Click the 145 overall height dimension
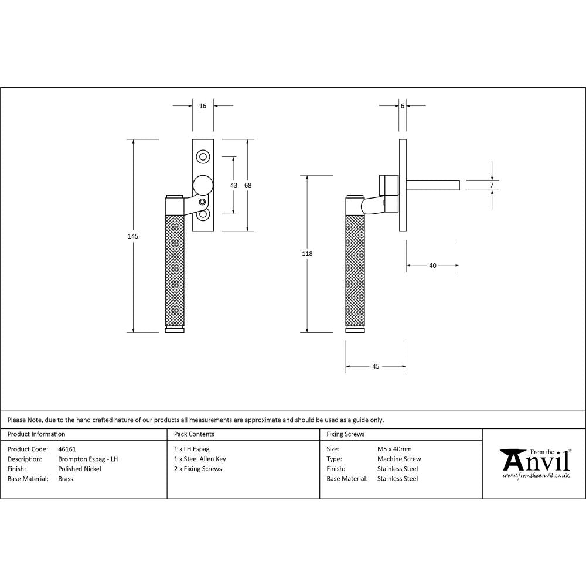pyautogui.click(x=133, y=236)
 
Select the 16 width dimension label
pyautogui.click(x=203, y=106)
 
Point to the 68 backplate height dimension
pyautogui.click(x=248, y=185)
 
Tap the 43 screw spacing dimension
pyautogui.click(x=234, y=185)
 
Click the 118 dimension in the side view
pyautogui.click(x=307, y=254)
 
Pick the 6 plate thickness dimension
pyautogui.click(x=403, y=106)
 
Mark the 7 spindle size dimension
pyautogui.click(x=492, y=185)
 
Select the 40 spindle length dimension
pyautogui.click(x=432, y=265)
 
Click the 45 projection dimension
pyautogui.click(x=376, y=366)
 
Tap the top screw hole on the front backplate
pyautogui.click(x=203, y=156)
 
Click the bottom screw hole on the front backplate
pyautogui.click(x=203, y=214)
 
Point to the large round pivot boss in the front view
pyautogui.click(x=203, y=185)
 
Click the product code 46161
pyautogui.click(x=67, y=449)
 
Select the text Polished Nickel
pyautogui.click(x=80, y=469)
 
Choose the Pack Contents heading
pyautogui.click(x=194, y=434)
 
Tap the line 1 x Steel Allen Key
pyautogui.click(x=200, y=459)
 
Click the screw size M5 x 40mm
pyautogui.click(x=394, y=449)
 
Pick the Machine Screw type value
pyautogui.click(x=399, y=459)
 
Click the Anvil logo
pyautogui.click(x=534, y=462)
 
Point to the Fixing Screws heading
pyautogui.click(x=346, y=434)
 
